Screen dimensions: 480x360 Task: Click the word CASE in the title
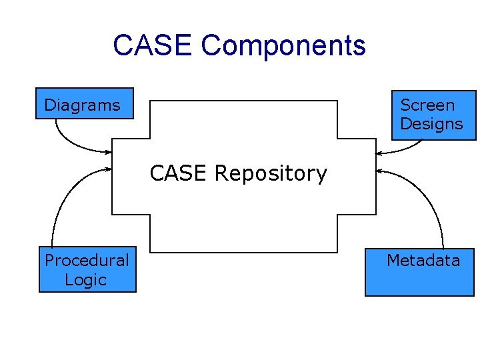click(153, 45)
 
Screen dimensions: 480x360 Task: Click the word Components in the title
click(283, 47)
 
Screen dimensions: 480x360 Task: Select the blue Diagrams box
click(85, 103)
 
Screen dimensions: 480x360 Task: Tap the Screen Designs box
click(434, 115)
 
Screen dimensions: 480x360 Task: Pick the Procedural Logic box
click(87, 269)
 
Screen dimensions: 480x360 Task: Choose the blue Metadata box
click(420, 272)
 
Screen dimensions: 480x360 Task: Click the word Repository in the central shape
click(271, 174)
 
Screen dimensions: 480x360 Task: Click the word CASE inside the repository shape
click(178, 173)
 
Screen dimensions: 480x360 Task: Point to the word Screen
click(427, 105)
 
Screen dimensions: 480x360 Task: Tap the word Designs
click(431, 124)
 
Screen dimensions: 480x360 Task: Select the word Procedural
click(87, 261)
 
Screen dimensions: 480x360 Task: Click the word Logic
click(86, 280)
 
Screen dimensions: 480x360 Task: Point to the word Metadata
click(423, 260)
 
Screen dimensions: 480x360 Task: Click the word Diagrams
click(82, 105)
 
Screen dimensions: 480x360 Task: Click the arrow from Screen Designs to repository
click(401, 149)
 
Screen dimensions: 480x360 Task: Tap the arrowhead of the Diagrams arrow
click(109, 152)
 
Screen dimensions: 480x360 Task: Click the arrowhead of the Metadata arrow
click(379, 171)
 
